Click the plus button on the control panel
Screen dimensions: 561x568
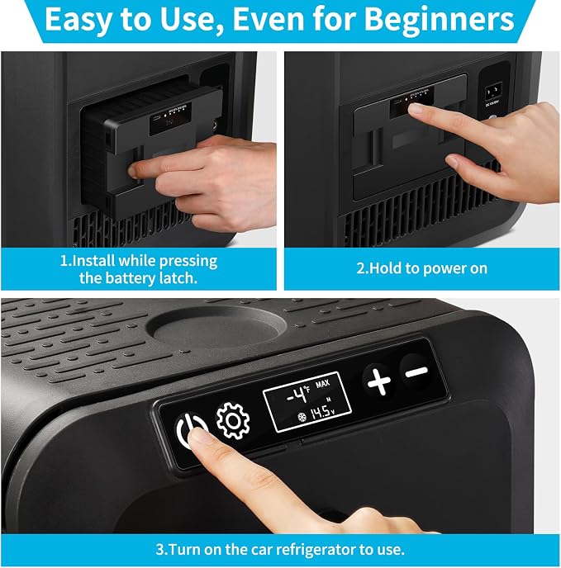379,381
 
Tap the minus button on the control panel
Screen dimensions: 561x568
416,372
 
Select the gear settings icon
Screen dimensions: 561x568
233,420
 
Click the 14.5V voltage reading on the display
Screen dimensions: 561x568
322,412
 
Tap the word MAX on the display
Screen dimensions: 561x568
322,383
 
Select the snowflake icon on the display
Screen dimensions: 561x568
302,417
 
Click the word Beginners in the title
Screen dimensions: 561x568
439,19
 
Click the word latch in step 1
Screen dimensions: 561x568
178,278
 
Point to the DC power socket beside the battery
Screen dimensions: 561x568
493,91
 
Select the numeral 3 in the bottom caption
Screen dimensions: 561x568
160,550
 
